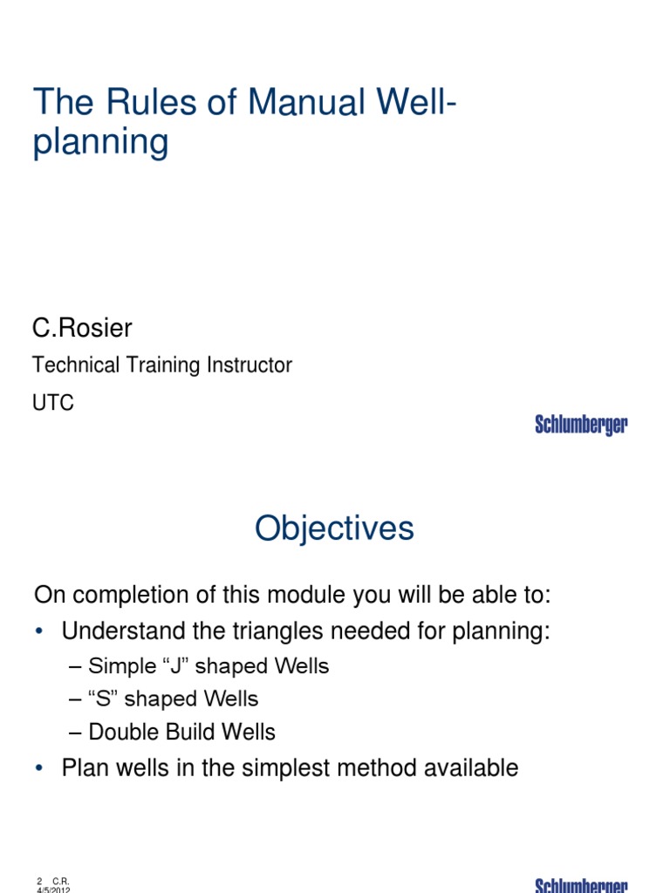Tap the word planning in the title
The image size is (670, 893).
coord(100,143)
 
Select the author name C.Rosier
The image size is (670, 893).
coord(82,328)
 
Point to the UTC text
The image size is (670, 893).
coord(53,403)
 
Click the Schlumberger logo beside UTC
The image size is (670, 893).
coord(581,426)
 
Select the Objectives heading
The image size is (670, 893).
coord(334,528)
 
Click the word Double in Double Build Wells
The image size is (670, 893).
coord(120,732)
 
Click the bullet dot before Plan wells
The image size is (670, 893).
coord(39,768)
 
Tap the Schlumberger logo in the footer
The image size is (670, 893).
coord(581,885)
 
